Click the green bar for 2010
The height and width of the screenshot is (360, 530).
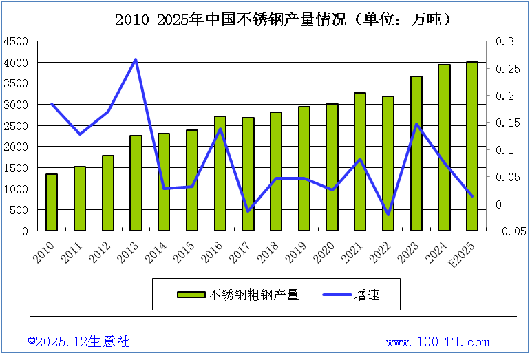(52, 202)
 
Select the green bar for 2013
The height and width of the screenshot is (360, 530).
(136, 183)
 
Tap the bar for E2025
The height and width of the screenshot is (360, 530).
(472, 147)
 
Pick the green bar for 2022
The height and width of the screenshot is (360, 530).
(388, 164)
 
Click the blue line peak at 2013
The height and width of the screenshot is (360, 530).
(136, 59)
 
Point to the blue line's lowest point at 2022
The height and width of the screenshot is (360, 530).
(388, 215)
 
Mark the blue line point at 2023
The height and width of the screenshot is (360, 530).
(416, 124)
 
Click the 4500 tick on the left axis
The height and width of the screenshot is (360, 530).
(16, 41)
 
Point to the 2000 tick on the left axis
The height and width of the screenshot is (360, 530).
(16, 147)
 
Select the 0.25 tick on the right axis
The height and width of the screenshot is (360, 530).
(506, 69)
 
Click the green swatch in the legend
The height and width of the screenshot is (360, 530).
(191, 295)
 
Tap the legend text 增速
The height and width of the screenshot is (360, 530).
(367, 295)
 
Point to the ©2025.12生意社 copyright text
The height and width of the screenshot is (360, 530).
(78, 341)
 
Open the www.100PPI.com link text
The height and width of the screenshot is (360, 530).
(438, 342)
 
